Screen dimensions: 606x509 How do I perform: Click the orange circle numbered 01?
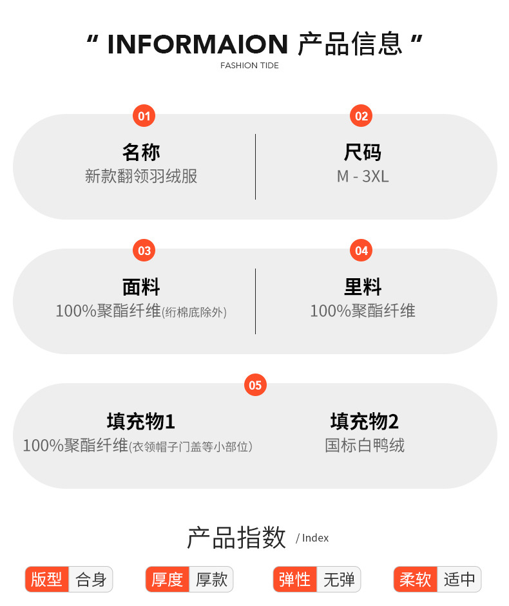click(144, 116)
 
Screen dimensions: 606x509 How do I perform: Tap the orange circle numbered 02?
click(361, 116)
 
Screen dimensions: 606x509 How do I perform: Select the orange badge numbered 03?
click(144, 251)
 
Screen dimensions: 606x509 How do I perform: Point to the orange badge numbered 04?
click(361, 251)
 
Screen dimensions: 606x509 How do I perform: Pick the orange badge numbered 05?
click(255, 385)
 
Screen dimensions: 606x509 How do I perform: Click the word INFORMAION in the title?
click(197, 44)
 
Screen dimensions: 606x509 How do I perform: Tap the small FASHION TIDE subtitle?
click(249, 66)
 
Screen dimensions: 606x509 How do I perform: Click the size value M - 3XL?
click(363, 176)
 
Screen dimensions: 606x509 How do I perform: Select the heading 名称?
click(141, 153)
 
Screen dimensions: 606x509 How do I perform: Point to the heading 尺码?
click(363, 153)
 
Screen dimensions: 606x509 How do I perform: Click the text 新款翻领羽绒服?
click(141, 176)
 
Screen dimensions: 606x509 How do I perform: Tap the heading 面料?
click(141, 287)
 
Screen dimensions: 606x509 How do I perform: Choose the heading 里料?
click(363, 287)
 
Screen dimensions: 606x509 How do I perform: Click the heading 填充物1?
click(141, 422)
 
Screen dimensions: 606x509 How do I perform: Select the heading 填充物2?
click(365, 422)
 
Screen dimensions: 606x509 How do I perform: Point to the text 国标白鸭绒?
click(365, 445)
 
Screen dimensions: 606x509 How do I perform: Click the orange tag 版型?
click(46, 579)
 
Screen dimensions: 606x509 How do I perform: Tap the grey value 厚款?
click(211, 579)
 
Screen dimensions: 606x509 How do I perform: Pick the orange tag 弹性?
click(295, 579)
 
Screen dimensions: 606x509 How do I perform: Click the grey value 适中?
click(459, 579)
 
